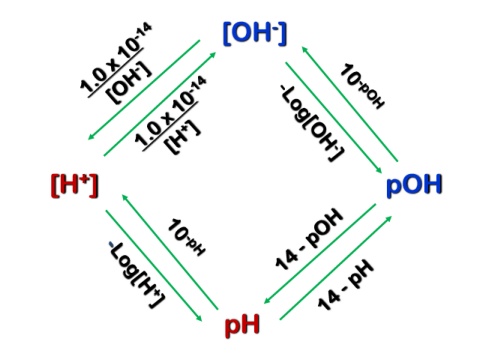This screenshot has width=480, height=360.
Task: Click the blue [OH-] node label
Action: (255, 33)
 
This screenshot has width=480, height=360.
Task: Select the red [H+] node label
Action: (75, 185)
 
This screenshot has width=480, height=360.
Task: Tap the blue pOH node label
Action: (414, 184)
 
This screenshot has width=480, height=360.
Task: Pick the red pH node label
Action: (242, 325)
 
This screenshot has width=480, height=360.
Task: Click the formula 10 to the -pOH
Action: (362, 86)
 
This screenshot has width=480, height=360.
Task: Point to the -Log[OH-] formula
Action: (312, 123)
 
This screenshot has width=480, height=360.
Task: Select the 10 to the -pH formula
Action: (186, 237)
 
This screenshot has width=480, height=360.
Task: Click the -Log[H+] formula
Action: (137, 274)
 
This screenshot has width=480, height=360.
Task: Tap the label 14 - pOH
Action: (309, 239)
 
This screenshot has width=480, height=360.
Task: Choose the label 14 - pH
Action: (346, 284)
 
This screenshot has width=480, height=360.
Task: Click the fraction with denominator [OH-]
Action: (116, 63)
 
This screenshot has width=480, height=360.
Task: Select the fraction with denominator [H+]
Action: (171, 115)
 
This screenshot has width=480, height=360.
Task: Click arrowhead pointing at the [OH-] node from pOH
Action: (305, 50)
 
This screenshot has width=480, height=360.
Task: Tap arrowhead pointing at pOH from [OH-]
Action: (378, 170)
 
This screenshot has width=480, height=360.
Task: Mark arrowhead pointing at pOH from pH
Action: (388, 219)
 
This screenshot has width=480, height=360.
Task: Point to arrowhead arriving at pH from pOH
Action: (267, 301)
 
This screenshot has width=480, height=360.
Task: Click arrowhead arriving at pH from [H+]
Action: (199, 318)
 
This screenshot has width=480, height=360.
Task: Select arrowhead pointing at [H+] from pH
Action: (125, 198)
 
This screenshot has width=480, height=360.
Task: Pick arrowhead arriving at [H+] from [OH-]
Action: (91, 137)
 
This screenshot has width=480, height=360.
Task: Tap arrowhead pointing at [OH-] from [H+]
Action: (213, 55)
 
